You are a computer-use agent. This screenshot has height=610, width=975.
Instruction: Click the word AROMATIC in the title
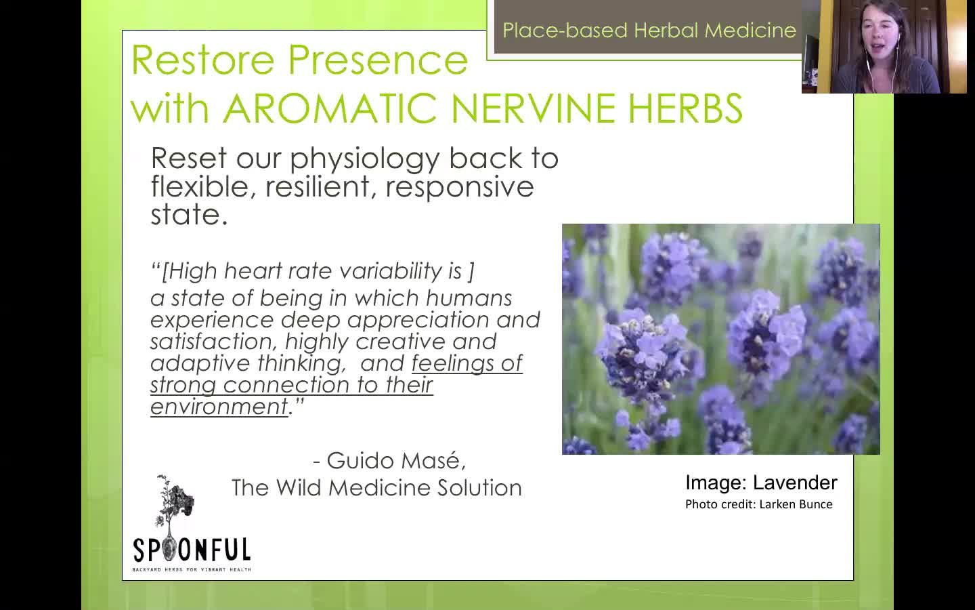point(330,108)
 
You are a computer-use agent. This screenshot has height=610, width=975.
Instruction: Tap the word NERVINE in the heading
point(533,108)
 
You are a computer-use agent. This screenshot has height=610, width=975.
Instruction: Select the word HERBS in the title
point(685,108)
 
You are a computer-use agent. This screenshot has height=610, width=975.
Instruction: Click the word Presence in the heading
point(378,60)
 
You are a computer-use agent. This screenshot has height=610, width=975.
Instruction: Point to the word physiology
point(364,160)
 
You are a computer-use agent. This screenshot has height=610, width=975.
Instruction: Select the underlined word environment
point(219,407)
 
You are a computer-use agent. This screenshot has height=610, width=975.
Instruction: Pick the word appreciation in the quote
point(418,321)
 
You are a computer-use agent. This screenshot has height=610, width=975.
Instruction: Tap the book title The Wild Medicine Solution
point(376,487)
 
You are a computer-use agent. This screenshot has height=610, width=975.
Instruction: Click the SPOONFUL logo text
point(192,550)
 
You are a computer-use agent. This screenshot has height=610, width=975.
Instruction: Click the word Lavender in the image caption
point(795,483)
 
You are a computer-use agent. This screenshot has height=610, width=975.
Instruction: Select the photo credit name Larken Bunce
point(796,504)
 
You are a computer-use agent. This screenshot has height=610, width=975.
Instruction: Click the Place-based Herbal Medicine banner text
point(649,30)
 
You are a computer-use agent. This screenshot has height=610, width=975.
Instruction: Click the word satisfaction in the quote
point(213,342)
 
